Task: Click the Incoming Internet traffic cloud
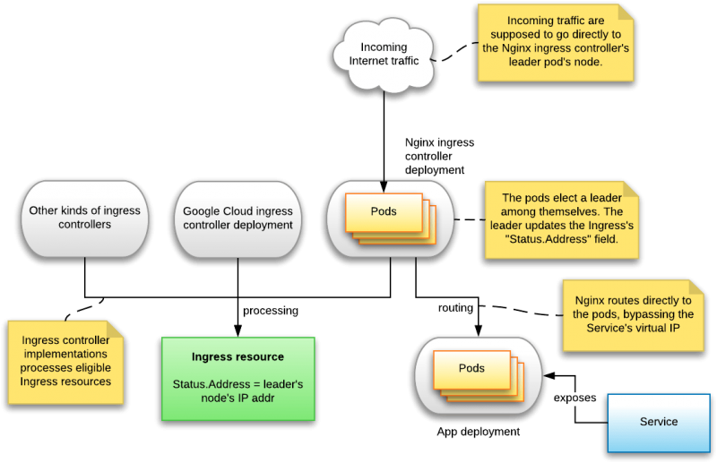[x=384, y=55]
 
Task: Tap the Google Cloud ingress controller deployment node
[x=238, y=219]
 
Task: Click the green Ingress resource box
[x=238, y=378]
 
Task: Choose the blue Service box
[x=659, y=422]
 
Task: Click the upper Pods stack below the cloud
[x=390, y=218]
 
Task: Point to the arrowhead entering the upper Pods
[x=384, y=186]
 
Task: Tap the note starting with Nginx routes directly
[x=633, y=314]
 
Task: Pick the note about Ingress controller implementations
[x=65, y=362]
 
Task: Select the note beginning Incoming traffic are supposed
[x=556, y=42]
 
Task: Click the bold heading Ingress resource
[x=238, y=357]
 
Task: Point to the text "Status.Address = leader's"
[x=238, y=384]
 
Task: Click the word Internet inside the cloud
[x=368, y=61]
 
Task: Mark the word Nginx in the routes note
[x=592, y=301]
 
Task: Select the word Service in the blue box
[x=659, y=422]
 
